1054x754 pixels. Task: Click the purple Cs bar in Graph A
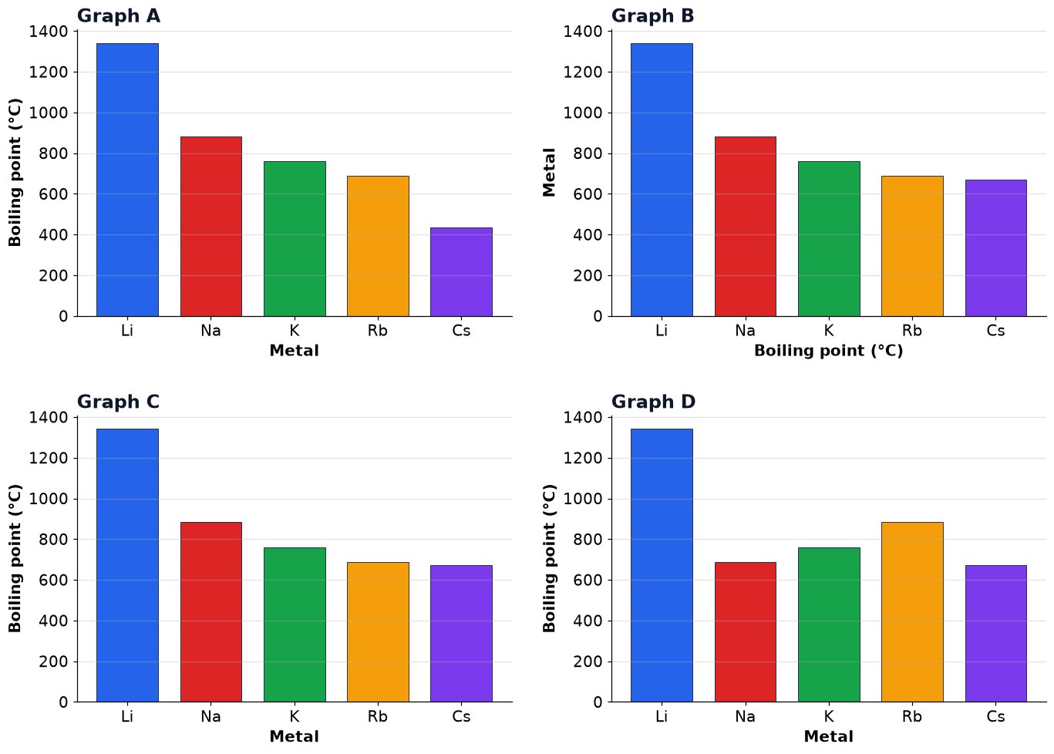pos(461,272)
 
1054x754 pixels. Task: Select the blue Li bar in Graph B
pos(662,180)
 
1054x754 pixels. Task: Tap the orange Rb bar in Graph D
pos(912,612)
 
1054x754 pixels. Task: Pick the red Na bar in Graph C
pos(211,612)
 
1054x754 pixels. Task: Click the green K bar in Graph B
pos(829,239)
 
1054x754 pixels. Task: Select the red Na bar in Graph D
pos(746,632)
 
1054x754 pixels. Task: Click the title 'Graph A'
pos(119,16)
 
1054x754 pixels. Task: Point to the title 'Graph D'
pos(653,402)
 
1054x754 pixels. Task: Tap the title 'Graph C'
pos(118,402)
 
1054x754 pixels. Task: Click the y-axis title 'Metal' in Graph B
pos(549,172)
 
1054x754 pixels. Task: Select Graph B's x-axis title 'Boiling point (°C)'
pos(829,351)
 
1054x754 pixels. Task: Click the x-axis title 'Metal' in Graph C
pos(294,736)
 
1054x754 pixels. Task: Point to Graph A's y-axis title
pos(15,172)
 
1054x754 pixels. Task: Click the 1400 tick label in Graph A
pos(49,32)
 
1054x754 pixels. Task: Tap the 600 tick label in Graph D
pos(588,580)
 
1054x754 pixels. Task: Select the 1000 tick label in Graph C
pos(49,499)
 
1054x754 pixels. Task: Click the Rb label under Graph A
pos(378,331)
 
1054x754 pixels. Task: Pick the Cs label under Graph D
pos(995,716)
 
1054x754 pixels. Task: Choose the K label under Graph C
pos(295,716)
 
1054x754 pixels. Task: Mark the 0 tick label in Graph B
pos(598,316)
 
